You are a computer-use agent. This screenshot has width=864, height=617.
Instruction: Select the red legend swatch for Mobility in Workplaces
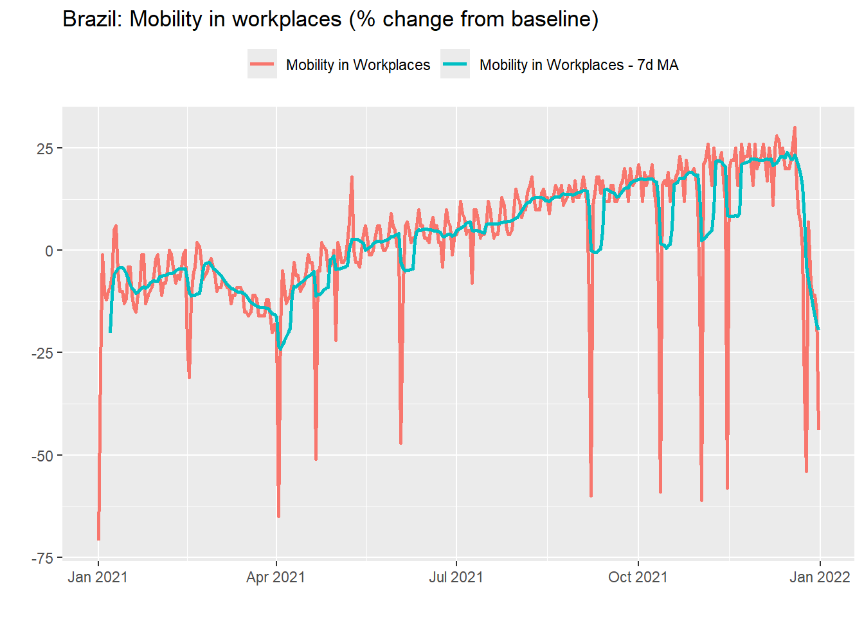click(262, 64)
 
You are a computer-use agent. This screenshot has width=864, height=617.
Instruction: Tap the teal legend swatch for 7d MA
click(455, 64)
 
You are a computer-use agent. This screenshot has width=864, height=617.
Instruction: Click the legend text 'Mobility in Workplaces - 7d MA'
click(579, 65)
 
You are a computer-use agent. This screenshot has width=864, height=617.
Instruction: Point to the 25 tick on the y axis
click(45, 148)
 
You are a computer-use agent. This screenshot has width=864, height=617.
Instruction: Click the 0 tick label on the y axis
click(50, 251)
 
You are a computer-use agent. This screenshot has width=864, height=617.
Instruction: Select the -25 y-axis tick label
click(43, 353)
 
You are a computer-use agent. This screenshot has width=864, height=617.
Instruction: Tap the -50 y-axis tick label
click(43, 456)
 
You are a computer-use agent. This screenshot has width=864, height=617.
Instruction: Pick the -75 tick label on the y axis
click(43, 558)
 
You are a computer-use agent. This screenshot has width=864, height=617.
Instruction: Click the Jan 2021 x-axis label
click(98, 577)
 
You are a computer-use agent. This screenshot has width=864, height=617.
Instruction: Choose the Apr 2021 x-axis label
click(276, 577)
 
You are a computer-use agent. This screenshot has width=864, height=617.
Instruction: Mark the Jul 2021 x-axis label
click(456, 577)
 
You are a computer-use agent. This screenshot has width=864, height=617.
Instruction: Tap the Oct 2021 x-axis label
click(638, 577)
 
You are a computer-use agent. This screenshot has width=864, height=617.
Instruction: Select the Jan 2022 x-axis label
click(820, 577)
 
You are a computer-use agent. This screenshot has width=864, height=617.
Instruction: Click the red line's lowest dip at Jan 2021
click(98, 539)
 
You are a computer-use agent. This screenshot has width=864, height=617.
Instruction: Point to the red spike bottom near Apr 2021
click(278, 516)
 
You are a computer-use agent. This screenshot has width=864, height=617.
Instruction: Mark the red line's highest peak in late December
click(795, 127)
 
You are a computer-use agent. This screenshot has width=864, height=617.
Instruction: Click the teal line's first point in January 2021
click(111, 332)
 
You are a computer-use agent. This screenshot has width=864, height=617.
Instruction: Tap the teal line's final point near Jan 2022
click(818, 329)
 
